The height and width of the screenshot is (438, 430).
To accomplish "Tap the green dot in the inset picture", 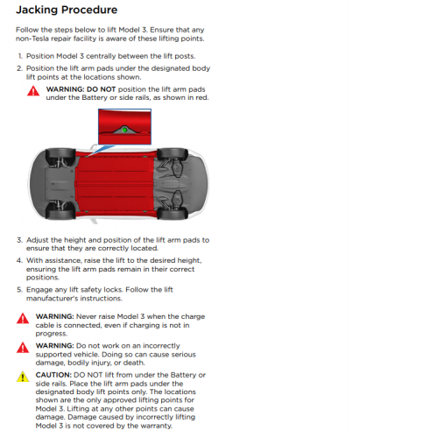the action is [x=124, y=130].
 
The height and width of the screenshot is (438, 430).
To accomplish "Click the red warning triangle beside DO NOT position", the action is [x=33, y=91].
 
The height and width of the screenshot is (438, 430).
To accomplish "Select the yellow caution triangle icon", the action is [x=23, y=377].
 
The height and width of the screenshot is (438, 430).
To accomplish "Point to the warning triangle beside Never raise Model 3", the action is [x=23, y=318].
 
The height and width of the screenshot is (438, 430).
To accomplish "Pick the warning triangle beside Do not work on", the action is [x=23, y=348].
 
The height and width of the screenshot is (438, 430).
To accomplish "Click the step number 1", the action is [x=20, y=56].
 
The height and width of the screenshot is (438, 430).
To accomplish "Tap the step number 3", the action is [x=19, y=240].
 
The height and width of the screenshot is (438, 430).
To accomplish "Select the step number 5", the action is [x=19, y=290].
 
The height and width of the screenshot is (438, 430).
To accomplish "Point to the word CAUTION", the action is [x=53, y=375].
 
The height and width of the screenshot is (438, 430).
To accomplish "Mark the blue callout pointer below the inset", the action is [x=101, y=150].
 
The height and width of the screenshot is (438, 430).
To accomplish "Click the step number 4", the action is [x=19, y=260].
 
